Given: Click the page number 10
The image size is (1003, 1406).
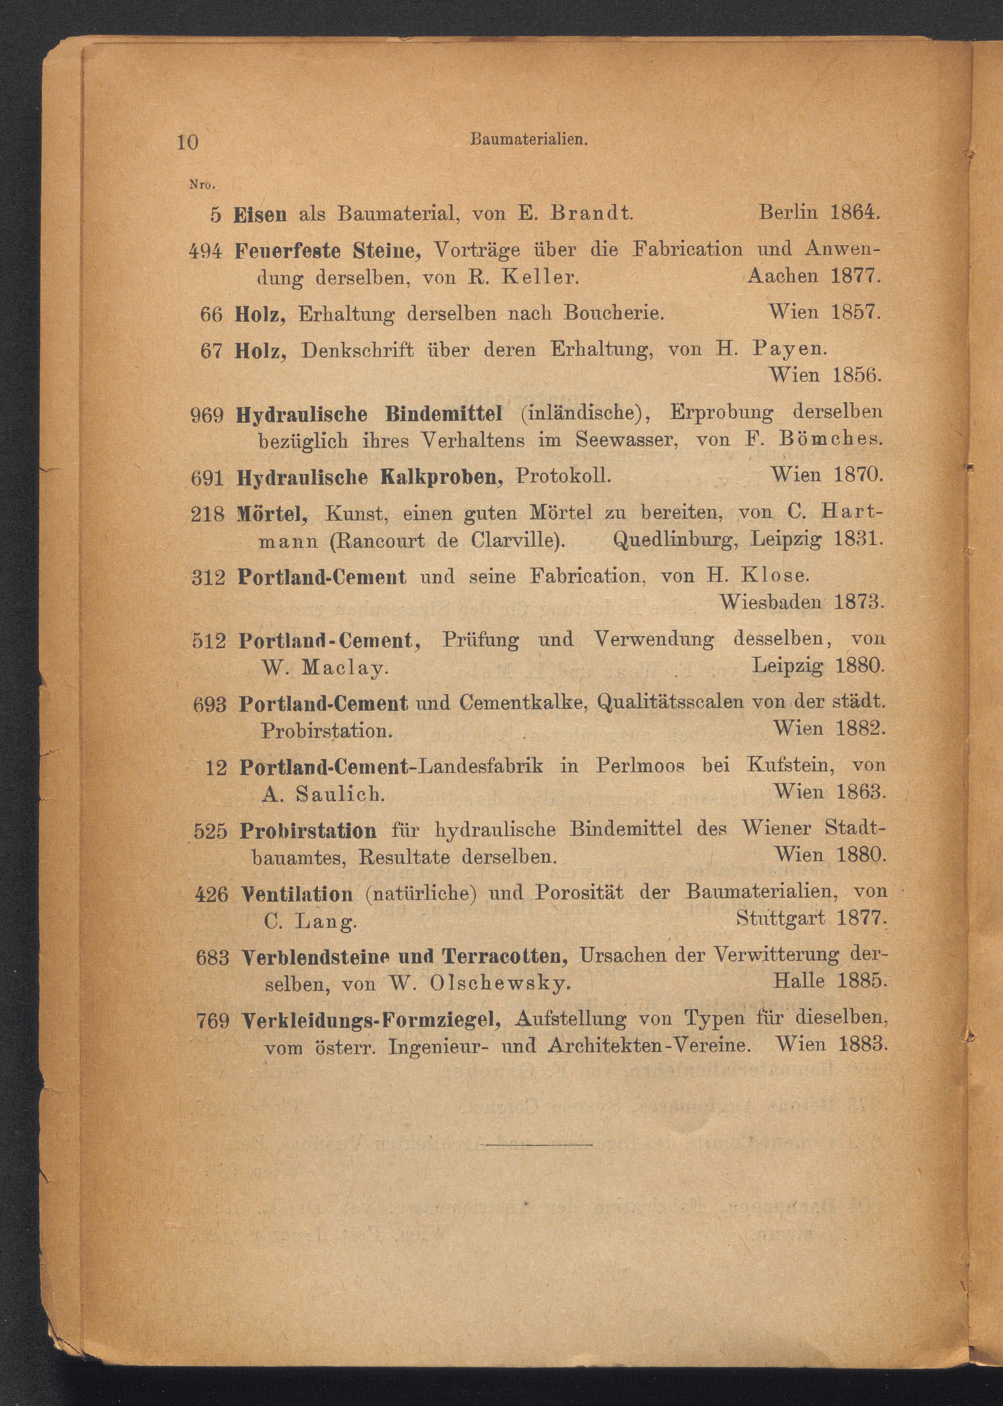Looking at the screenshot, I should [x=188, y=143].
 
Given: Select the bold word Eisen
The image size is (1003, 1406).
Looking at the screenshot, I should [x=260, y=214].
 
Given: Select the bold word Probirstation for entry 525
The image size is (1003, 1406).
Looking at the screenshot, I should [x=308, y=831].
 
